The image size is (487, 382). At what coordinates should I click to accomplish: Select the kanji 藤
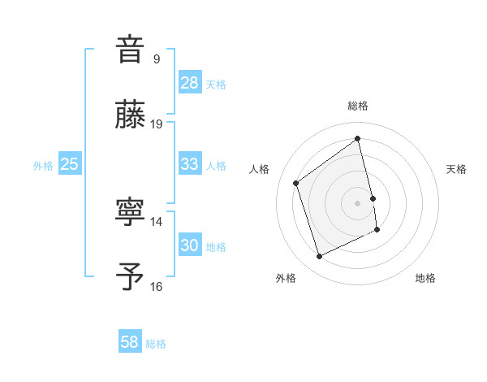pyautogui.click(x=130, y=115)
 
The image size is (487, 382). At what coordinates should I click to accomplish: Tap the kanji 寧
pyautogui.click(x=130, y=211)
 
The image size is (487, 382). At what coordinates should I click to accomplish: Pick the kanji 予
pyautogui.click(x=130, y=276)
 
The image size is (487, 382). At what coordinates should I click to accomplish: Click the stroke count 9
pyautogui.click(x=156, y=59)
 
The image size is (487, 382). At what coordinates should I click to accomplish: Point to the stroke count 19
pyautogui.click(x=157, y=124)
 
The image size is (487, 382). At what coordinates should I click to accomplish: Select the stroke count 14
pyautogui.click(x=157, y=221)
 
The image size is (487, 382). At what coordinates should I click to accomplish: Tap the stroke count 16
pyautogui.click(x=157, y=286)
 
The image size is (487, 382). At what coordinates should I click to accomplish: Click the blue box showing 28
pyautogui.click(x=190, y=83)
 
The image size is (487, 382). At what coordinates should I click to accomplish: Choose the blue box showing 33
pyautogui.click(x=190, y=164)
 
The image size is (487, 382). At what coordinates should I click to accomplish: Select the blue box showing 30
pyautogui.click(x=190, y=245)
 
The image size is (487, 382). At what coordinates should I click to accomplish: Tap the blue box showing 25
pyautogui.click(x=70, y=164)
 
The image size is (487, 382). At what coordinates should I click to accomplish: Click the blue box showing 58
pyautogui.click(x=130, y=342)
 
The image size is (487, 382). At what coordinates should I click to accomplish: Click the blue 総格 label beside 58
pyautogui.click(x=156, y=344)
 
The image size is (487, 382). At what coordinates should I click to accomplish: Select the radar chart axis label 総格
pyautogui.click(x=358, y=106)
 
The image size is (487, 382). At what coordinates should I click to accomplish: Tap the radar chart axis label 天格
pyautogui.click(x=457, y=169)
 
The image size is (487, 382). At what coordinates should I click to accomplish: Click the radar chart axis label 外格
pyautogui.click(x=286, y=278)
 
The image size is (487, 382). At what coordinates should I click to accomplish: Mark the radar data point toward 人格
pyautogui.click(x=296, y=183)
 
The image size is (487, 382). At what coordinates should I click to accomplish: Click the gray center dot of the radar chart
pyautogui.click(x=358, y=203)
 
